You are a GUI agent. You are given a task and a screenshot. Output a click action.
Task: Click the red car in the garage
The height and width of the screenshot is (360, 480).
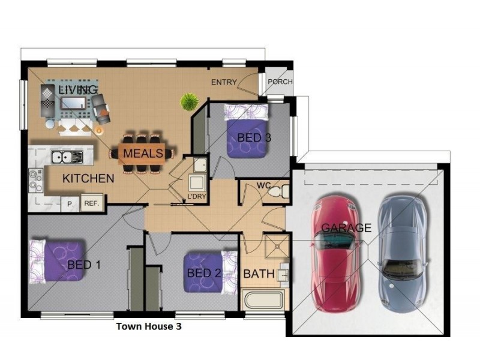click(x=335, y=252)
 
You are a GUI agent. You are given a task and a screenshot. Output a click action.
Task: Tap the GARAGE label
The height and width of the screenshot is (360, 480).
click(x=346, y=228)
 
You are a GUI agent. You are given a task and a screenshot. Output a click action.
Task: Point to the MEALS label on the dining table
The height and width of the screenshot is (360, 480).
click(x=143, y=154)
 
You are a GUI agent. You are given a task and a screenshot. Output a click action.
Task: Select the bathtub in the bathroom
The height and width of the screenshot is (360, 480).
click(x=265, y=299)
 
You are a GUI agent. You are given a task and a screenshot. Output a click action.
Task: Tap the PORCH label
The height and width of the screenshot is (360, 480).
click(x=280, y=82)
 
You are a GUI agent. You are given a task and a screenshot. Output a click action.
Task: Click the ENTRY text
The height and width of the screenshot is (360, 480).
click(x=224, y=82)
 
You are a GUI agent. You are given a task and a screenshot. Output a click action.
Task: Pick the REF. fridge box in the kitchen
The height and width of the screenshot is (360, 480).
click(x=91, y=203)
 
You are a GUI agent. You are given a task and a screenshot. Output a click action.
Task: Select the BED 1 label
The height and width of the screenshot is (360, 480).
click(x=84, y=265)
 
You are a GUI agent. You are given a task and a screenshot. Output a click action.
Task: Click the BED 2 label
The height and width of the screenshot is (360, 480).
click(x=203, y=274)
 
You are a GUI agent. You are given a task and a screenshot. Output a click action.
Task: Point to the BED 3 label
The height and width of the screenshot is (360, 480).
click(x=254, y=138)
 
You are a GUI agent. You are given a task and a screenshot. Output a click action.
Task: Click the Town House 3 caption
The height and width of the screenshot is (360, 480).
click(x=148, y=327)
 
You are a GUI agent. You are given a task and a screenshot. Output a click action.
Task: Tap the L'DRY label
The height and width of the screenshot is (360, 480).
click(x=196, y=197)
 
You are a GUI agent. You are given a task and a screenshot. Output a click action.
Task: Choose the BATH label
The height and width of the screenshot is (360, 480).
click(x=259, y=275)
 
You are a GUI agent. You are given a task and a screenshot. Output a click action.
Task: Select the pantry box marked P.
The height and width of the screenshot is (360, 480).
click(x=70, y=204)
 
